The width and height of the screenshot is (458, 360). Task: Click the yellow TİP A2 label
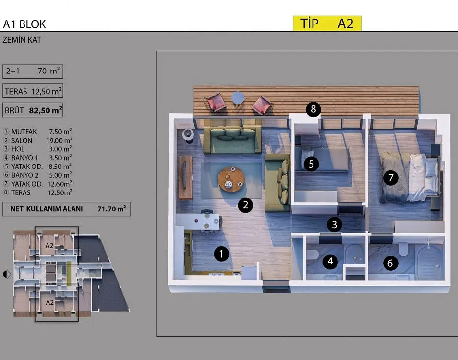327,24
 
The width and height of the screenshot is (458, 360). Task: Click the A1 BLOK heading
24,24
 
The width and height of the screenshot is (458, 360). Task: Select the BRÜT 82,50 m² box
33,110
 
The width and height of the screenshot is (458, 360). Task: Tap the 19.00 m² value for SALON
59,140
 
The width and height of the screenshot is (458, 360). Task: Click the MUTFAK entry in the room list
24,132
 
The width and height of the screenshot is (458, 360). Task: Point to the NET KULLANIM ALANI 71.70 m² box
67,209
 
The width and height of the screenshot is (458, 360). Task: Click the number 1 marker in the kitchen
221,254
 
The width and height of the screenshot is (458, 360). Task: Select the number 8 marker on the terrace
313,109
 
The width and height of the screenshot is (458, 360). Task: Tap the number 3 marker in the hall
334,224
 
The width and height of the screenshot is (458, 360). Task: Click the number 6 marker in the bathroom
390,263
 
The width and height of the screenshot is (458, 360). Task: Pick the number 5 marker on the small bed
311,164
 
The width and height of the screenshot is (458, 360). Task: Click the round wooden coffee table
232,179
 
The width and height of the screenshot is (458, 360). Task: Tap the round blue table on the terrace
238,98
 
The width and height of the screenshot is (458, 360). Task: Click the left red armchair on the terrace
215,102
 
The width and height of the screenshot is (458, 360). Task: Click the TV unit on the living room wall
186,178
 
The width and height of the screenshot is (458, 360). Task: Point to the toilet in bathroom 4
312,254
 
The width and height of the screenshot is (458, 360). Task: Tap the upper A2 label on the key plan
49,246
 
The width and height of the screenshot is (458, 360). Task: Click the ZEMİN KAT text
22,40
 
